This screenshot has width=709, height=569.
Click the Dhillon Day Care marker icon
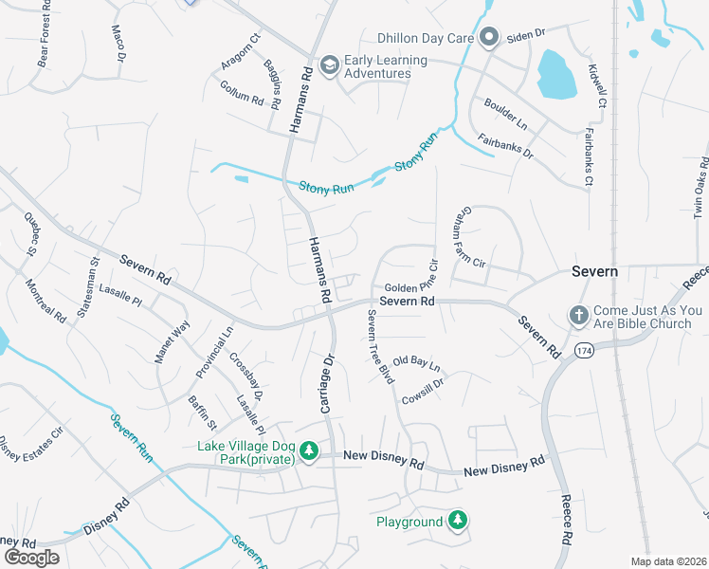coord(489,38)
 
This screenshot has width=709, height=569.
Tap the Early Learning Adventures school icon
coord(329,64)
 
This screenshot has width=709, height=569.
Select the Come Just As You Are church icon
coord(577,315)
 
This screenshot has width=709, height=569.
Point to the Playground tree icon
coord(458,520)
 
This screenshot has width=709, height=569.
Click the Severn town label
coord(594,271)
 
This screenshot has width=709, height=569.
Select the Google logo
coord(31,557)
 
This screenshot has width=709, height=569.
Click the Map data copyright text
coord(669,561)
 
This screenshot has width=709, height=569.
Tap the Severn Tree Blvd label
coord(373,345)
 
